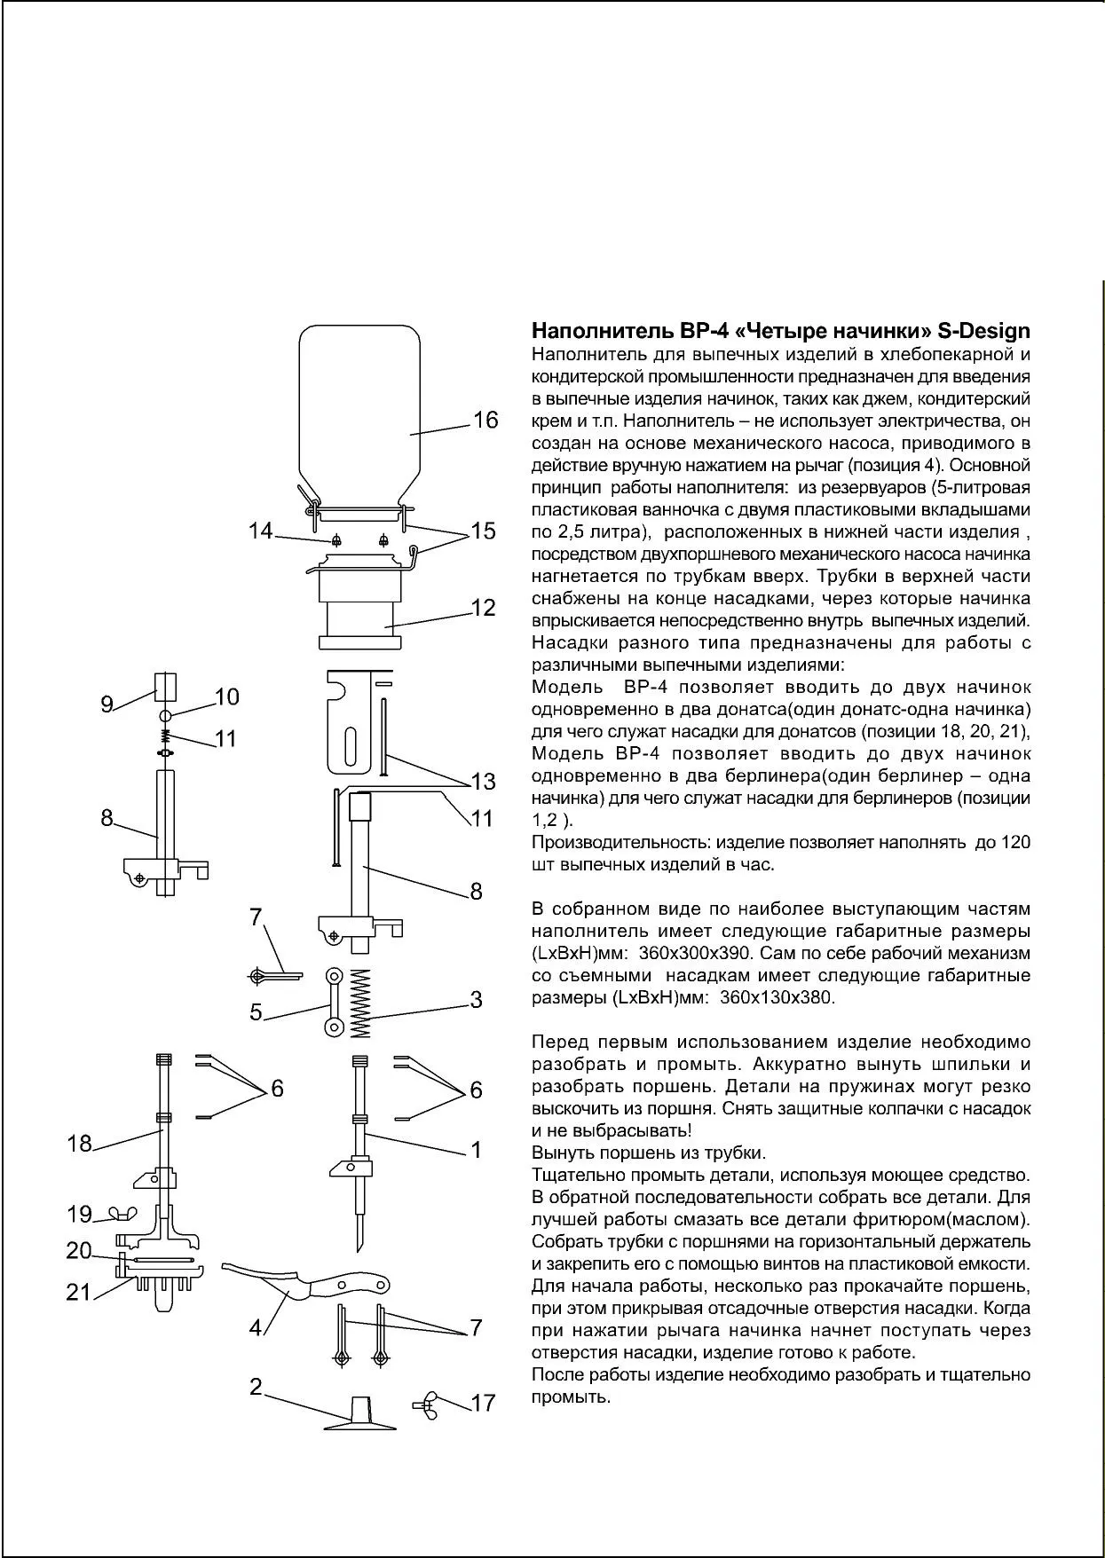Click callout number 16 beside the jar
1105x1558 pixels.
click(x=485, y=420)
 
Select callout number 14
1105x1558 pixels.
click(x=260, y=531)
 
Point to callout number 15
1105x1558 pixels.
click(x=483, y=531)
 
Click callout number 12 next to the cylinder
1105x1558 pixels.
click(x=483, y=608)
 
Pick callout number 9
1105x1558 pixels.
click(x=107, y=705)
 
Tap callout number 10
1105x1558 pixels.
click(x=226, y=697)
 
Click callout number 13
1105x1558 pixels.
click(x=483, y=782)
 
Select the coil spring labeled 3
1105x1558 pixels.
click(x=359, y=1002)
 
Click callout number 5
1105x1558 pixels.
click(x=256, y=1012)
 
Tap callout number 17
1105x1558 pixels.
click(x=483, y=1403)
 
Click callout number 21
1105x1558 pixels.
click(x=79, y=1293)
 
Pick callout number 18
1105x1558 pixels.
click(x=79, y=1144)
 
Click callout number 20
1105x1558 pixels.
click(x=79, y=1251)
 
